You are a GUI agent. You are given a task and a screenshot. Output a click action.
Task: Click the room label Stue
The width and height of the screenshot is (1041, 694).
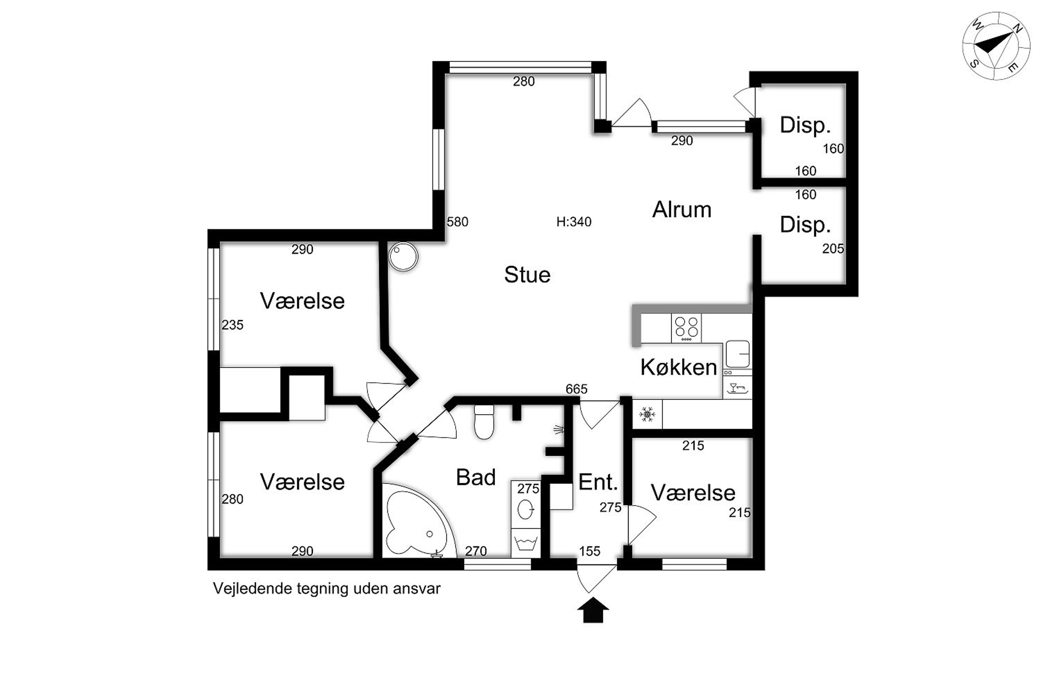[527, 275]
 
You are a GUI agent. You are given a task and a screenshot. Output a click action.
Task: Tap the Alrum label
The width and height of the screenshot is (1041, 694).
[682, 210]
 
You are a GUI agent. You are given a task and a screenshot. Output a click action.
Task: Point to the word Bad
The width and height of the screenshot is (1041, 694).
[476, 477]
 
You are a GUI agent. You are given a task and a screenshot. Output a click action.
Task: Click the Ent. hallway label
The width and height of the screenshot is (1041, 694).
[598, 482]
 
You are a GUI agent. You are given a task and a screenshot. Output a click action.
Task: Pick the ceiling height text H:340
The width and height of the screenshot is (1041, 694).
[574, 222]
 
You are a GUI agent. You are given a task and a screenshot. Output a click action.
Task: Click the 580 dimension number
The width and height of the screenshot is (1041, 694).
[457, 222]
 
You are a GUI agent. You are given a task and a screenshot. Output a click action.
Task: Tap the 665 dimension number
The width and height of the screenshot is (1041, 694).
[576, 389]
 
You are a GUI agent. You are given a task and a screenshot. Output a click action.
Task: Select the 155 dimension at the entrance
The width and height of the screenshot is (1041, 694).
[590, 551]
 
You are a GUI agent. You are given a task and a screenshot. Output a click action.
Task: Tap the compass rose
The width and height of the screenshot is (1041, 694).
[996, 46]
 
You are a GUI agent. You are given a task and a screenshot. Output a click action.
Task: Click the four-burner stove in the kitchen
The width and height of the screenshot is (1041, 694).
[686, 328]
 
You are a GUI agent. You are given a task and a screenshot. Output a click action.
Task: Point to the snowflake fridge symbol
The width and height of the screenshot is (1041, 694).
[647, 415]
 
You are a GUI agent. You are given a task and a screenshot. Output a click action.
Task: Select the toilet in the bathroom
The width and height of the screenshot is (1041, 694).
[484, 422]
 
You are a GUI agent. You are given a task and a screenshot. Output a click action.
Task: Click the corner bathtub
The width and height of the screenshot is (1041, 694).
[418, 520]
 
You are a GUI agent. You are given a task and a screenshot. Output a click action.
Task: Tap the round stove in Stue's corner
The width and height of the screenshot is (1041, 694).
[403, 256]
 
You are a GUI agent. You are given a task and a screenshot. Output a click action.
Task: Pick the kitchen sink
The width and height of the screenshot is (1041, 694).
[737, 354]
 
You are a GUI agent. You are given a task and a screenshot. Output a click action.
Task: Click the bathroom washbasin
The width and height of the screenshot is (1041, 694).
[525, 509]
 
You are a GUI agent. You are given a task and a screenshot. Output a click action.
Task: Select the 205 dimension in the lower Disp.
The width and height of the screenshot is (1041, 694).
[833, 249]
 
